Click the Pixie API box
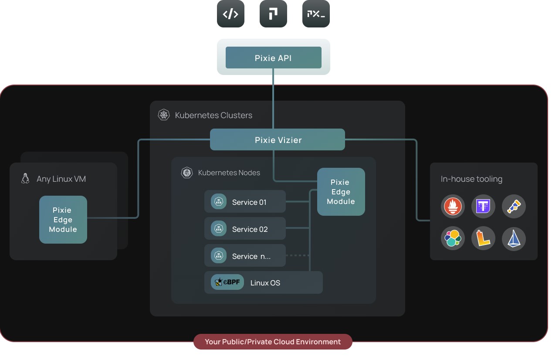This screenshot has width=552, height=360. click(x=273, y=58)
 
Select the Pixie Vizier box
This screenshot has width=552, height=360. click(x=278, y=140)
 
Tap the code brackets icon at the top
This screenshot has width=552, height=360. click(x=230, y=14)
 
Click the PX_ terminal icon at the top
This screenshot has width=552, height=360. click(x=316, y=14)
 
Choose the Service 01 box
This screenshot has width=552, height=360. click(x=245, y=202)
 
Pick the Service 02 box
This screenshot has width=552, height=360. click(x=245, y=229)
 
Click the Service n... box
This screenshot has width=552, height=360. click(x=245, y=256)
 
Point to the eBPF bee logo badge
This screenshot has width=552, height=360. click(x=227, y=282)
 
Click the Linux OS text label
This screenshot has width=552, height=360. click(x=265, y=283)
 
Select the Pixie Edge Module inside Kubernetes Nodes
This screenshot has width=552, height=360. click(x=341, y=192)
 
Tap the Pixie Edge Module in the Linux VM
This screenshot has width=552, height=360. click(x=63, y=220)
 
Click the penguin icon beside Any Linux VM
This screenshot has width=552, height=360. click(x=25, y=178)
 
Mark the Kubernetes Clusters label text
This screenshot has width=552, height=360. click(x=213, y=115)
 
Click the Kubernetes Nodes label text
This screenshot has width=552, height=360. click(x=229, y=173)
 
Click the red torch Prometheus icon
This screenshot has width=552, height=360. click(x=453, y=206)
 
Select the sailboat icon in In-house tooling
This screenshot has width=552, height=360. click(x=514, y=239)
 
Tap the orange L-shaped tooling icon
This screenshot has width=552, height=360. click(x=483, y=239)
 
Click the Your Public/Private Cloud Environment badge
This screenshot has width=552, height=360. click(x=273, y=342)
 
